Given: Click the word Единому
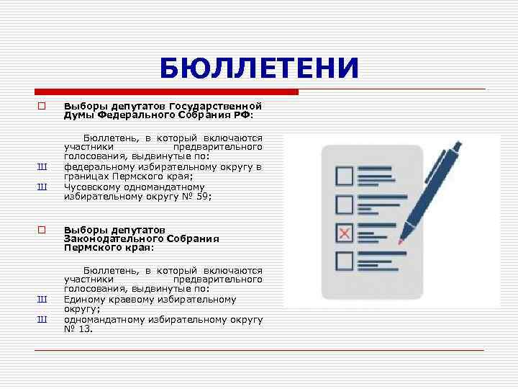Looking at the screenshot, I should [x=85, y=299].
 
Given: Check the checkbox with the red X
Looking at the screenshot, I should [x=345, y=233].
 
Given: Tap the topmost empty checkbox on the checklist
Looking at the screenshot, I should [x=345, y=176].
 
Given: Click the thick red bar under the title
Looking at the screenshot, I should [x=166, y=92].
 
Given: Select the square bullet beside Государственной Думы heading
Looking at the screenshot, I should [x=42, y=106].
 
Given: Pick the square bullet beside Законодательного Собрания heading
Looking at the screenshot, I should [x=42, y=230].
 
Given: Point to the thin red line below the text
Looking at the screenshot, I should [x=259, y=349].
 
